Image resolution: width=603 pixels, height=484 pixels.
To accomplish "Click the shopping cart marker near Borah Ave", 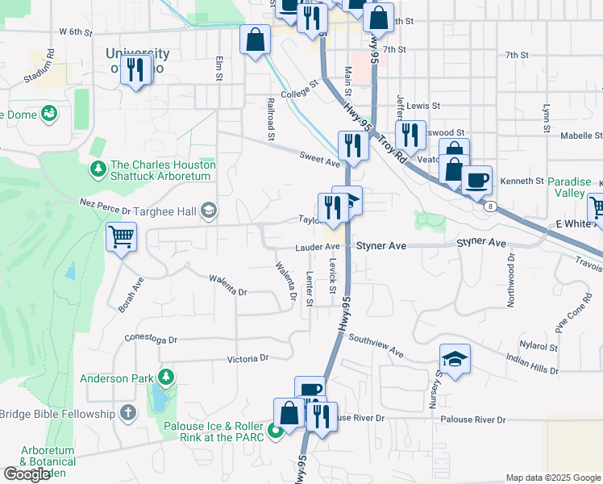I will [121, 237].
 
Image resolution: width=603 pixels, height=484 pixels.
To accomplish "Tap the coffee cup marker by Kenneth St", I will [476, 180].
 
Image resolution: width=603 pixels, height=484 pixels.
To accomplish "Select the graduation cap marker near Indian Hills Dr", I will [455, 359].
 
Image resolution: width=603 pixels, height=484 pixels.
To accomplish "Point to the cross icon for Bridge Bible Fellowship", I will [127, 414].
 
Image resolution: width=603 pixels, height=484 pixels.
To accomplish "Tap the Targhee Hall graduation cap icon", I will [209, 211].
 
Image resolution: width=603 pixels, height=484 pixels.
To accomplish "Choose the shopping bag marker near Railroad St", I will [255, 40].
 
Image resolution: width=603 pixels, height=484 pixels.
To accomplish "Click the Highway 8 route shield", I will [490, 207].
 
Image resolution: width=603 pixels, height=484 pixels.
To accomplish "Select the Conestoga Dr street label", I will [151, 340].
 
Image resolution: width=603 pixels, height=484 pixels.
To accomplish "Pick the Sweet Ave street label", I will [320, 161].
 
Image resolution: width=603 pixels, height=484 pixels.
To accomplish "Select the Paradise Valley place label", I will [576, 187].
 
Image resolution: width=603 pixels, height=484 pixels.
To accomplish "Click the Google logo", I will [27, 474].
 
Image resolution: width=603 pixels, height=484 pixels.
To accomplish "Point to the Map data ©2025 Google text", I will [552, 478].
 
